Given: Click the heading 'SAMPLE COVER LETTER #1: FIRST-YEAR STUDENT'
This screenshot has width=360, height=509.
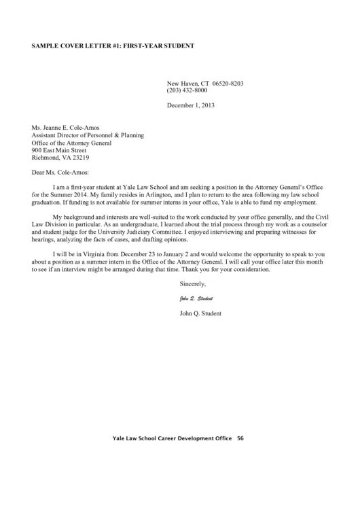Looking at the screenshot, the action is coord(113,46).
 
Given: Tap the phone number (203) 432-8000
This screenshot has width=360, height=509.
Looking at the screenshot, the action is coord(187,90).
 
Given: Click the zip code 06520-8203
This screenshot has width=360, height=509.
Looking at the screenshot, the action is coord(228,83).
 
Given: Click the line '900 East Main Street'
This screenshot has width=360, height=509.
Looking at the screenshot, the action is coord(59,150).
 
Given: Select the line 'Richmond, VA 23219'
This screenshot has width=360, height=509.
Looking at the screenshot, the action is coord(60,158).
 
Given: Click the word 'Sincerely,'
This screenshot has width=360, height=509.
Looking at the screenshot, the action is coord(192,283).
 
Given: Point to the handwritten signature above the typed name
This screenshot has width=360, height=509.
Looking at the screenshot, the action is coord(196,298).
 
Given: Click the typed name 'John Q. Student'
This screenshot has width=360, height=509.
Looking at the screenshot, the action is coord(200,313).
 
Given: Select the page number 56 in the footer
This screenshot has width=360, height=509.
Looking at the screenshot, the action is coord(240,438).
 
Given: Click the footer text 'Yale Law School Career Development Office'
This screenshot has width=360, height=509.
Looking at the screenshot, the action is coord(172,438).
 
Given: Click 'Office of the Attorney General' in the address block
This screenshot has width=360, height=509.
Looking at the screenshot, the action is coord(72,143).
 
